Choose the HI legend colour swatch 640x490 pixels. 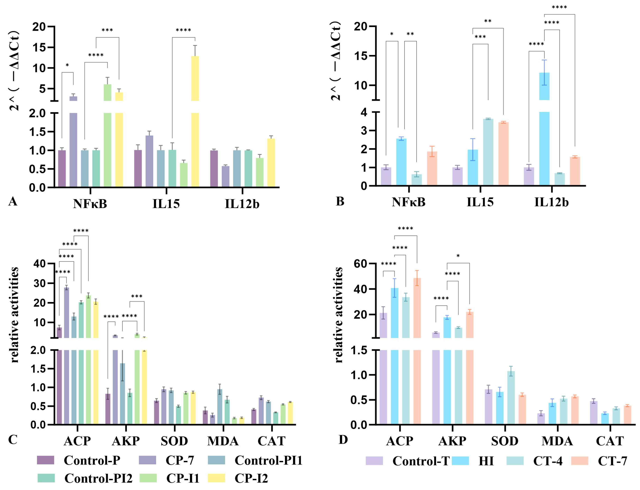460,461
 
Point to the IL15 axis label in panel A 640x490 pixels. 166,203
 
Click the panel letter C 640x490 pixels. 13,440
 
